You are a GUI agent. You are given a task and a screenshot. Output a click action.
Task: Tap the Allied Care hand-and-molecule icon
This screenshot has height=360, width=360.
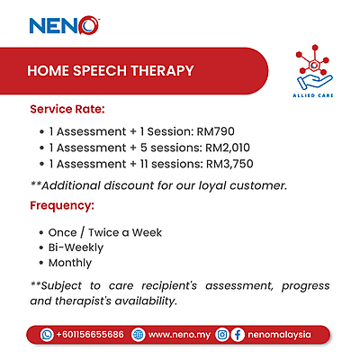(x=314, y=68)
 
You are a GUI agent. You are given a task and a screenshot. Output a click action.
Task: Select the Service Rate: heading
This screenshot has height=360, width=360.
(x=67, y=109)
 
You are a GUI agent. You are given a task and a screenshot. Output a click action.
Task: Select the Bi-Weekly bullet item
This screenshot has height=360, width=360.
(x=76, y=247)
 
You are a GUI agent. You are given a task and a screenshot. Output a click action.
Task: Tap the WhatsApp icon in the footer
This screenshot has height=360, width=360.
(x=47, y=334)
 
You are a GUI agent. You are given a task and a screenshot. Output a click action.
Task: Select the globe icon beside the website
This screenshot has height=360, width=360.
(x=138, y=334)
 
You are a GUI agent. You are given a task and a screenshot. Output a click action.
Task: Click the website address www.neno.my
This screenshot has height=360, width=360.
(x=178, y=334)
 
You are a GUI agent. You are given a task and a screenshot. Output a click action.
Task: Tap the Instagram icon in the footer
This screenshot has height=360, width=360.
(x=222, y=334)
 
